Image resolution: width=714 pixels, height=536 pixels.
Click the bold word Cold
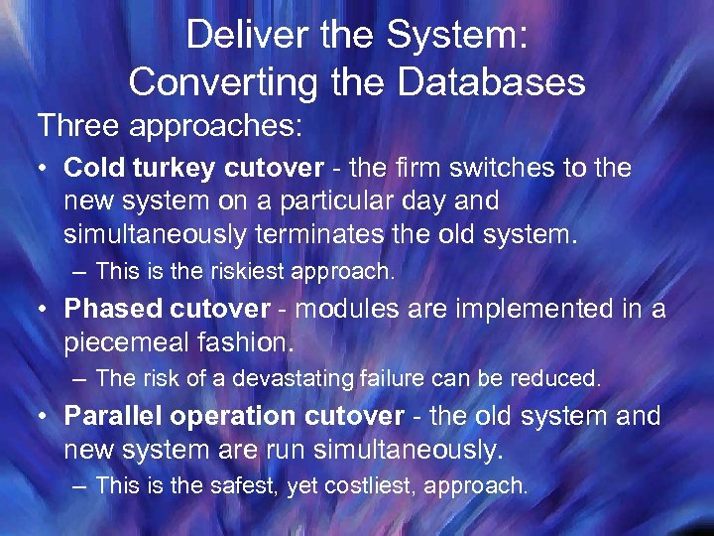[x=92, y=168]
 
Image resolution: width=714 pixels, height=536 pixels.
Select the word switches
[x=506, y=168]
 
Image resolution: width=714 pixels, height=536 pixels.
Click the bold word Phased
[x=110, y=309]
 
